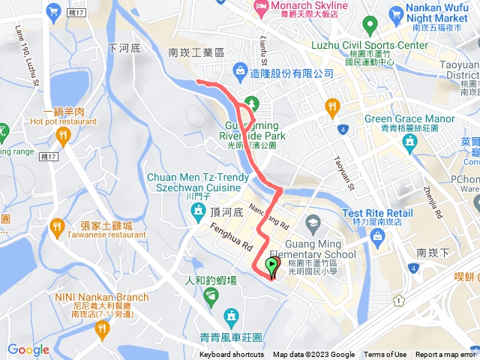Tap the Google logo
click(x=28, y=349)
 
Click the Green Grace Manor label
click(x=409, y=118)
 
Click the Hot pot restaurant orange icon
click(x=61, y=136)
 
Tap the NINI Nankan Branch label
click(x=101, y=297)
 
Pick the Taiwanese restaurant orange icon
click(x=56, y=226)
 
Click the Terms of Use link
click(x=385, y=355)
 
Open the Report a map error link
click(x=447, y=355)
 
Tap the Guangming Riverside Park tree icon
click(x=252, y=102)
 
